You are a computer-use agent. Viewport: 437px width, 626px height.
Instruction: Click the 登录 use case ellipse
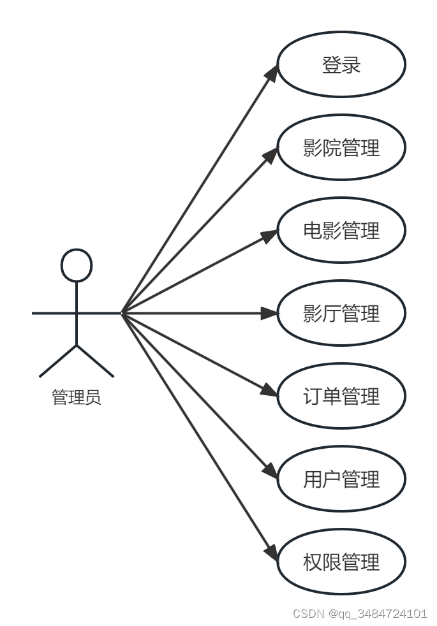[x=341, y=64]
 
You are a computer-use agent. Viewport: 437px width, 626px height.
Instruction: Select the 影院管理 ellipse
[x=341, y=147]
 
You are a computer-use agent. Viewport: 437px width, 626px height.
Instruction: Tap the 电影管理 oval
[x=341, y=230]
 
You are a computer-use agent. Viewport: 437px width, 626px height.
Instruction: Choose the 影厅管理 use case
[x=341, y=313]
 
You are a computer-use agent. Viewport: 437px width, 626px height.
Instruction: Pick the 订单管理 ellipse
[x=341, y=396]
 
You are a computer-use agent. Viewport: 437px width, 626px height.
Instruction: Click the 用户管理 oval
[x=341, y=479]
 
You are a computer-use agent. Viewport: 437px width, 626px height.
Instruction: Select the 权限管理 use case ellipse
[x=341, y=562]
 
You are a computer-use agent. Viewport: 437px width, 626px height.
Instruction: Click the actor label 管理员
[x=76, y=398]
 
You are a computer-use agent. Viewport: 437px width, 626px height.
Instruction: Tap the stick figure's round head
[x=77, y=265]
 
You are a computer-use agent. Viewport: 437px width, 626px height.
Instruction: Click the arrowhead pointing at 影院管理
[x=270, y=153]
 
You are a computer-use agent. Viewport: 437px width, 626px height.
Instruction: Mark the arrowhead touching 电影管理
[x=269, y=234]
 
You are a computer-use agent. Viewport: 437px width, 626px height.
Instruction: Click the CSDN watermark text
[x=360, y=613]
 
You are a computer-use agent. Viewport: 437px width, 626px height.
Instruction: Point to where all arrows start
[x=122, y=313]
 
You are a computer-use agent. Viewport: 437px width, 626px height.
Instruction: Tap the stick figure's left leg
[x=58, y=361]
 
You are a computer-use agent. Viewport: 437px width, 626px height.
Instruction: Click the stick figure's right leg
[x=95, y=361]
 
